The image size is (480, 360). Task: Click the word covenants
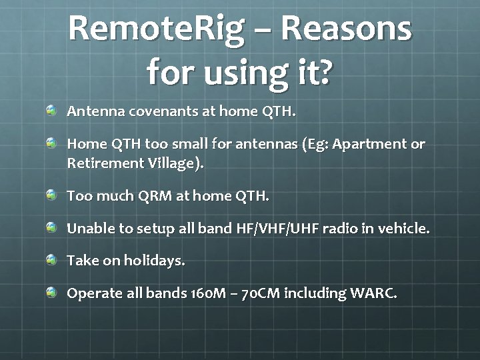click(159, 111)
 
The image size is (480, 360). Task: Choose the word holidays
click(154, 261)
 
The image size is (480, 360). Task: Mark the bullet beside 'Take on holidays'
click(51, 259)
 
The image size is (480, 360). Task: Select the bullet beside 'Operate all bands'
click(51, 291)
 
